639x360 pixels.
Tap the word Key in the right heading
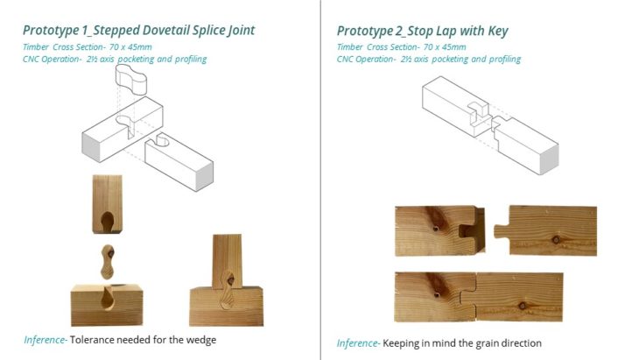(498, 32)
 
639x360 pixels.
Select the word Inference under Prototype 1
(45, 340)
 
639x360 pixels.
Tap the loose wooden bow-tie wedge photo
(108, 261)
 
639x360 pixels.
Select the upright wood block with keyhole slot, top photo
(107, 204)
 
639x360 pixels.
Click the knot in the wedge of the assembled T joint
(231, 280)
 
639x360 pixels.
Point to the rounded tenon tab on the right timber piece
(502, 231)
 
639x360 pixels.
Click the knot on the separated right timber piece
(556, 239)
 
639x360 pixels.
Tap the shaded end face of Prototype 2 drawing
(549, 159)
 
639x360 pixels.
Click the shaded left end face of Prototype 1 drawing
(91, 147)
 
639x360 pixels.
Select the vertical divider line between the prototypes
(320, 180)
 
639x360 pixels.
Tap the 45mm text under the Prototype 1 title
(139, 47)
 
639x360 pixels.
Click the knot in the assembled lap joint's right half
(522, 306)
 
